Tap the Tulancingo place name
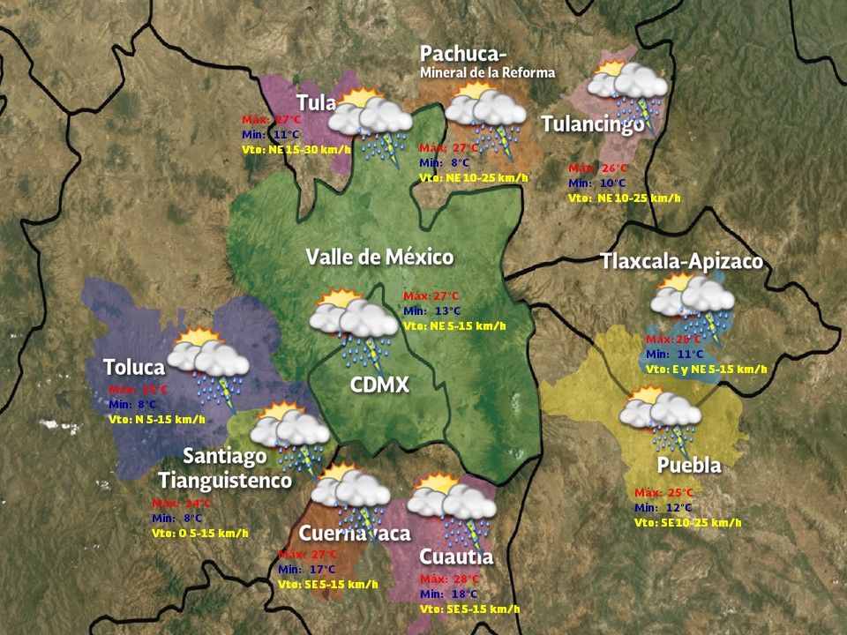pyautogui.click(x=592, y=124)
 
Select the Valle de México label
pyautogui.click(x=379, y=258)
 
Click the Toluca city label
pyautogui.click(x=133, y=367)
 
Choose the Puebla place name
pyautogui.click(x=689, y=465)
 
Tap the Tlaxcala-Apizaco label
pyautogui.click(x=681, y=262)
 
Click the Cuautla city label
pyautogui.click(x=456, y=557)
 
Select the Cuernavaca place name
pyautogui.click(x=354, y=534)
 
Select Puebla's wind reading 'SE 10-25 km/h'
pyautogui.click(x=687, y=523)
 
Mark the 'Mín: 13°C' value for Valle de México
pyautogui.click(x=432, y=310)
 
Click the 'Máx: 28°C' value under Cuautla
pyautogui.click(x=450, y=579)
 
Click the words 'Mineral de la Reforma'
pyautogui.click(x=487, y=72)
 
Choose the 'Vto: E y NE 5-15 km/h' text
pyautogui.click(x=706, y=369)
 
